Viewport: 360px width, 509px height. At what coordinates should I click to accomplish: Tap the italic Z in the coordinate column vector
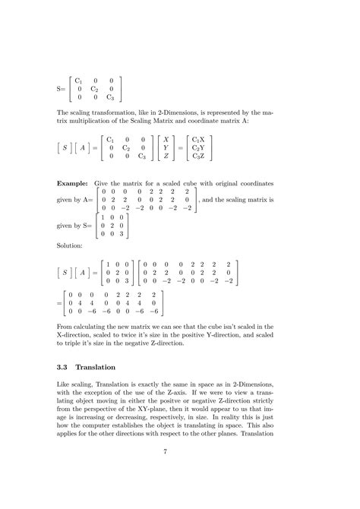pos(165,156)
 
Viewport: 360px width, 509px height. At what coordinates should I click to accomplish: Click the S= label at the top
pos(62,88)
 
